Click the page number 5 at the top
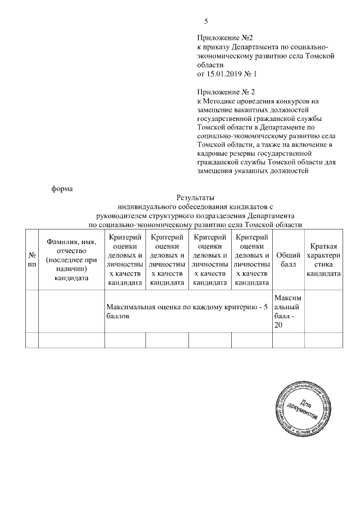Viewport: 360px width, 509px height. [206, 21]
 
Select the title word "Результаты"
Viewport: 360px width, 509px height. [195, 197]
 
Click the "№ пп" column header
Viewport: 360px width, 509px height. [31, 259]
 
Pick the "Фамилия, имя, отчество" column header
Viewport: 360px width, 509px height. [71, 259]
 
